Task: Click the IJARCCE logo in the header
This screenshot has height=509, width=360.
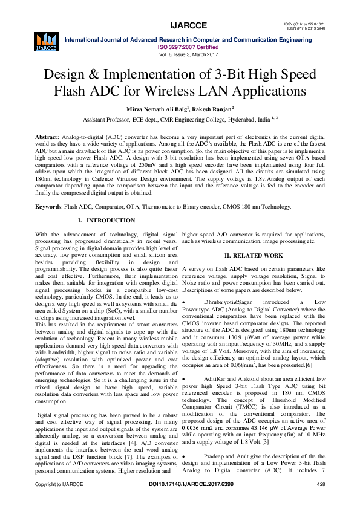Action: pyautogui.click(x=46, y=40)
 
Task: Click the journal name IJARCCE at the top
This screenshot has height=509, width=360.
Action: pyautogui.click(x=180, y=25)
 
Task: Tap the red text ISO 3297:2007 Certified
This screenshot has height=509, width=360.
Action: pyautogui.click(x=180, y=47)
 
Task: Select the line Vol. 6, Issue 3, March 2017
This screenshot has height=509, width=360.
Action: pyautogui.click(x=180, y=54)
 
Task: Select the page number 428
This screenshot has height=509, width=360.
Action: pyautogui.click(x=321, y=485)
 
